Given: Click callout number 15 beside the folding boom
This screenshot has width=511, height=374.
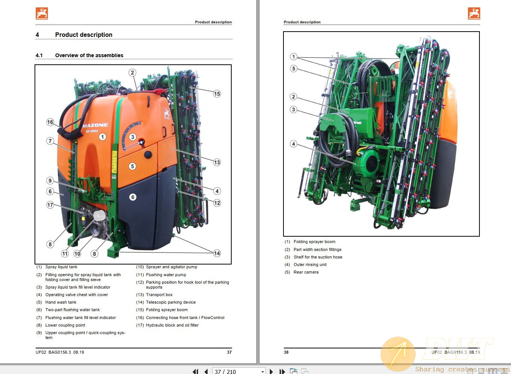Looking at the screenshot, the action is tap(217, 94).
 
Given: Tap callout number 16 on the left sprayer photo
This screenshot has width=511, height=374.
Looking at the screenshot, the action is tap(50, 122).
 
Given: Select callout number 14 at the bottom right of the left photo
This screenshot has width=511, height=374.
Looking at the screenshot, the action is tap(217, 253).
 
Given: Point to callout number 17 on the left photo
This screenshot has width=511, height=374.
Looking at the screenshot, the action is tap(50, 205).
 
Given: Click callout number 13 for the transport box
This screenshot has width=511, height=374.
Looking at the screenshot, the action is tap(217, 162).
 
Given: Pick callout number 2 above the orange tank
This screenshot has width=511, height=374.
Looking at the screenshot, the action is tap(132, 73).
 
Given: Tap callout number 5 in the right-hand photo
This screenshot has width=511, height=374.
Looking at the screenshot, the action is tap(294, 68).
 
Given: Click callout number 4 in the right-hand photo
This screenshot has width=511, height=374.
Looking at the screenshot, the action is tap(294, 144).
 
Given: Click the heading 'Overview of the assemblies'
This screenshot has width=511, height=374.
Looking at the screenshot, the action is tap(89, 55).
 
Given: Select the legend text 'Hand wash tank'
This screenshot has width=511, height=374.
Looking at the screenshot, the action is tap(61, 302).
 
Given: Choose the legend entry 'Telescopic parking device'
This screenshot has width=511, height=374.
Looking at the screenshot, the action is tap(171, 302).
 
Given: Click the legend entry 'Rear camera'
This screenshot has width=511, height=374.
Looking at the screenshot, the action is tap(306, 272).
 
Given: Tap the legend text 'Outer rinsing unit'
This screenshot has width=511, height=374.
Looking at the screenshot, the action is tap(310, 265).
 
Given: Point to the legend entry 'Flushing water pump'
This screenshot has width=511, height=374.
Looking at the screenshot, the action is tap(166, 275).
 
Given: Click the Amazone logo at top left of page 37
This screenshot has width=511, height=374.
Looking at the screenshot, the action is tap(42, 14).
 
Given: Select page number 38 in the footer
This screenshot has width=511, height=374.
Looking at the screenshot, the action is tap(286, 352).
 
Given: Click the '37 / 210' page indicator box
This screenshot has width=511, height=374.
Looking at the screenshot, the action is tap(239, 371).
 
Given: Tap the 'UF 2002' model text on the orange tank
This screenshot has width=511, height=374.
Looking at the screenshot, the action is tap(92, 131).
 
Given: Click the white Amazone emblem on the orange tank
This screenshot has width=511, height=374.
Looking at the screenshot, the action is tap(167, 113).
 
